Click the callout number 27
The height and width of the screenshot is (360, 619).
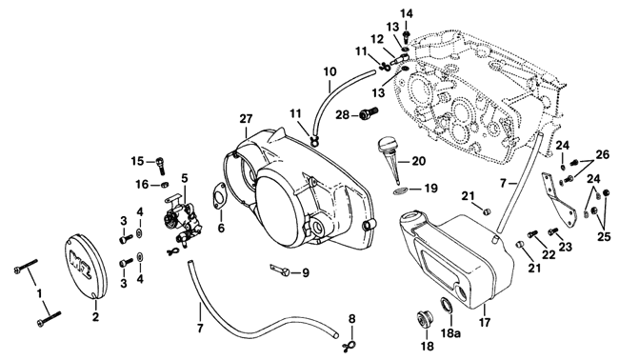coord(246,119)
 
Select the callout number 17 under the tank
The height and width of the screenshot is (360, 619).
coord(485,322)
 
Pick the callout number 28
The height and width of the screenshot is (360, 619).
coord(343,115)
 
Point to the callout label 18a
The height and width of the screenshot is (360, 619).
coord(450,333)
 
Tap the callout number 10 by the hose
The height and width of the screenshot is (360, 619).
coord(330,71)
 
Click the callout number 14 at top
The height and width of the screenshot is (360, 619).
coord(407,14)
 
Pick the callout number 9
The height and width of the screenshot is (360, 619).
coord(306,272)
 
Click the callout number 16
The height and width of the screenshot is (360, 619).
coord(142,185)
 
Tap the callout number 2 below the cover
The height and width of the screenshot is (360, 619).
coord(95,316)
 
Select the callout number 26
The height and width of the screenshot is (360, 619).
coord(603,155)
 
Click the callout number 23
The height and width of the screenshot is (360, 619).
coord(565,247)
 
